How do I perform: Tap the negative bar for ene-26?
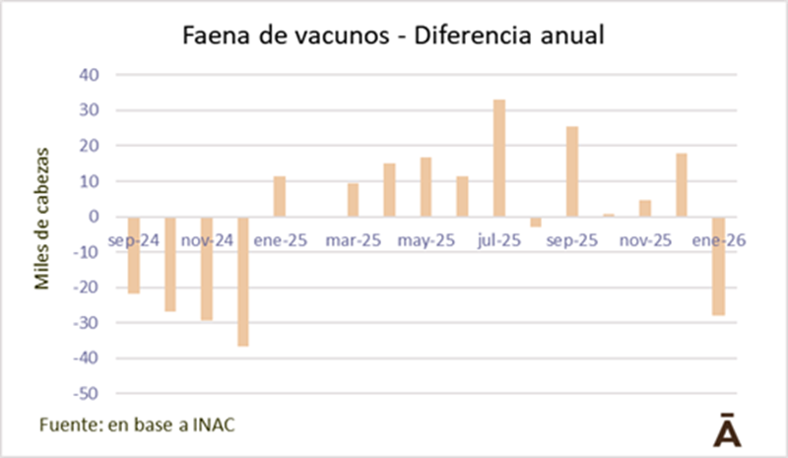pyautogui.click(x=718, y=266)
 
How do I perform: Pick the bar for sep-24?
pyautogui.click(x=133, y=255)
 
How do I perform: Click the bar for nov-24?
pyautogui.click(x=207, y=268)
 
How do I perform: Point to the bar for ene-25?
pyautogui.click(x=280, y=196)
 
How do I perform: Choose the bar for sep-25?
pyautogui.click(x=571, y=171)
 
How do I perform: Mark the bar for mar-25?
pyautogui.click(x=353, y=200)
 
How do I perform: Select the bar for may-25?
pyautogui.click(x=426, y=187)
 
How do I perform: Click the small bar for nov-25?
pyautogui.click(x=645, y=208)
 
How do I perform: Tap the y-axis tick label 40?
pyautogui.click(x=89, y=75)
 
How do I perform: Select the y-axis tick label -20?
pyautogui.click(x=86, y=288)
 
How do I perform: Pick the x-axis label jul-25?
pyautogui.click(x=498, y=239)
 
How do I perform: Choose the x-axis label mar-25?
pyautogui.click(x=353, y=239)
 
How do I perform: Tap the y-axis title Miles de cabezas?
pyautogui.click(x=42, y=217)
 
